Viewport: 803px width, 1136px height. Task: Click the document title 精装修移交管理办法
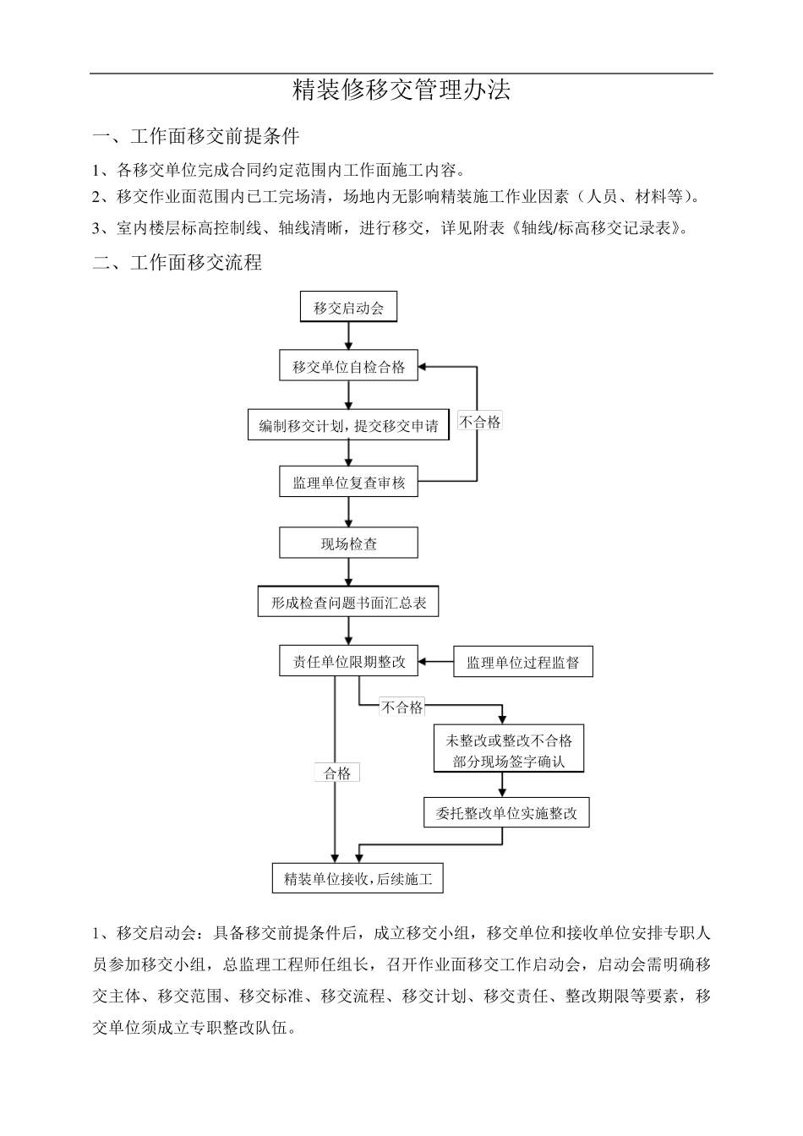tap(401, 90)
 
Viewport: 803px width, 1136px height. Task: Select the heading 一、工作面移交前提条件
tap(196, 136)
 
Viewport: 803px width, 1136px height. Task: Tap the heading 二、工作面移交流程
tap(178, 263)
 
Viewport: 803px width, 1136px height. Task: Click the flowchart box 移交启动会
tap(348, 308)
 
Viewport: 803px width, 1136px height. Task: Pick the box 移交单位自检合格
tap(348, 367)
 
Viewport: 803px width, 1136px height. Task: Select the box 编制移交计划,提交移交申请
tap(348, 426)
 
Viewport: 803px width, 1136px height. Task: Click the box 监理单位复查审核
tap(348, 483)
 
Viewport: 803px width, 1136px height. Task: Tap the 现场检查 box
tap(348, 543)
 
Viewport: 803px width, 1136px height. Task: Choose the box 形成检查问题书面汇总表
tap(348, 603)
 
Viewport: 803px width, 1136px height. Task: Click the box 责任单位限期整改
tap(348, 662)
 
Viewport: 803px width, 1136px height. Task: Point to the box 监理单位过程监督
tap(522, 663)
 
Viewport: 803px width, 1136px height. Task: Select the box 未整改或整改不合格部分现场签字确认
tap(507, 750)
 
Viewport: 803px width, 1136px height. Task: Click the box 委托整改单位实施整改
tap(506, 813)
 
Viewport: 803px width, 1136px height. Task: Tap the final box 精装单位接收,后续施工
tap(358, 879)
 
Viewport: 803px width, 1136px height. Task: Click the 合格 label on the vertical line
tap(336, 773)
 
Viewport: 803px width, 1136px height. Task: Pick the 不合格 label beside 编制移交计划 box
tap(479, 422)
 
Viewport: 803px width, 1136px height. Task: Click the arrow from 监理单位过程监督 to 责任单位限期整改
tap(436, 662)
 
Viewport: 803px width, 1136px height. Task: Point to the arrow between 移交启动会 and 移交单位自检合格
tap(348, 336)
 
